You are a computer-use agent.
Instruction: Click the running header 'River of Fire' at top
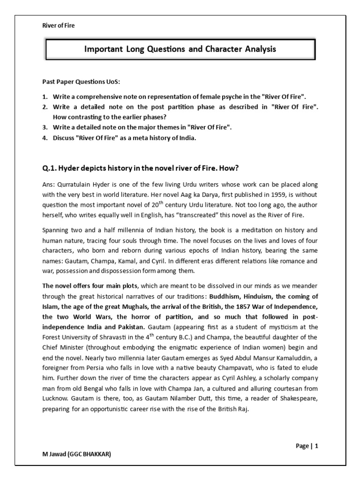coord(59,26)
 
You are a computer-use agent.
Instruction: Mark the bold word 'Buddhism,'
coord(227,296)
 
